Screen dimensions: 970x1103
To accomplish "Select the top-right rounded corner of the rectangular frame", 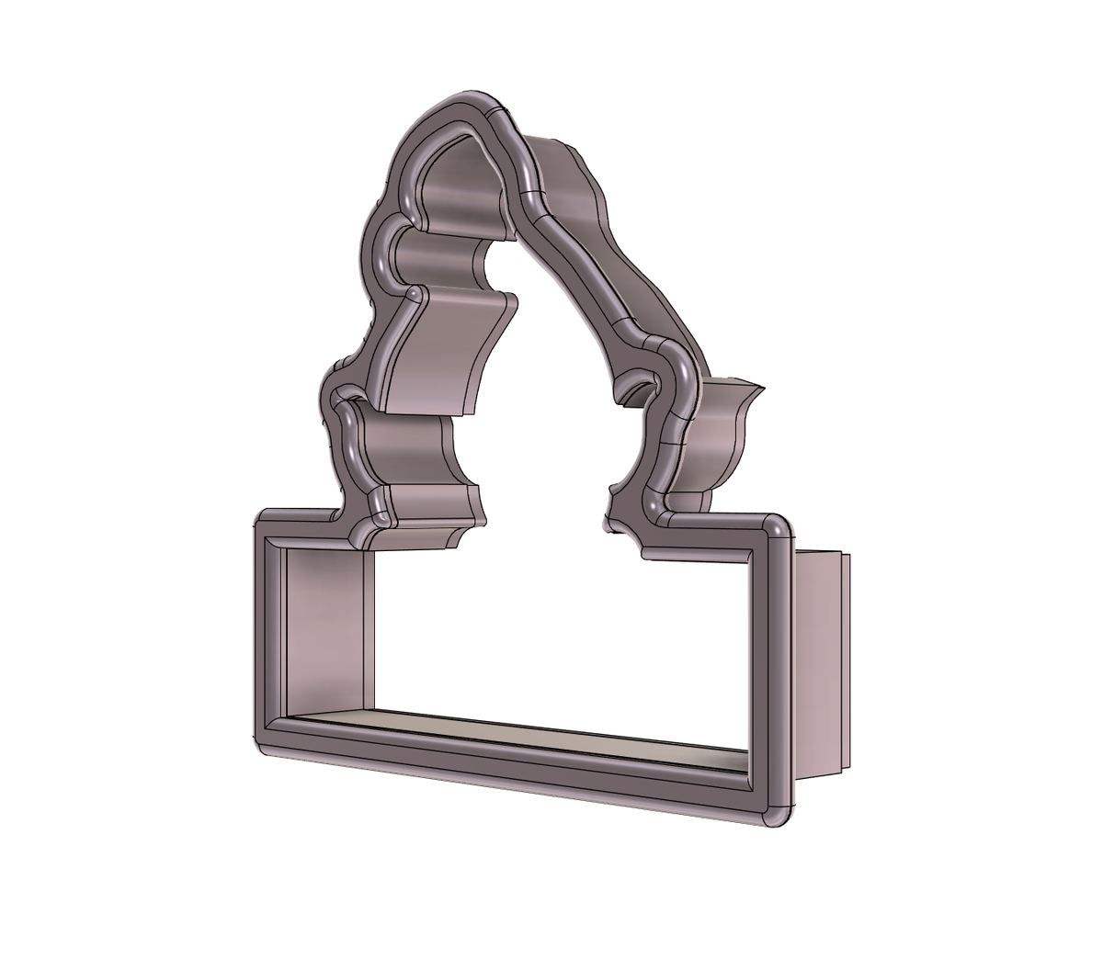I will [x=778, y=526].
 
